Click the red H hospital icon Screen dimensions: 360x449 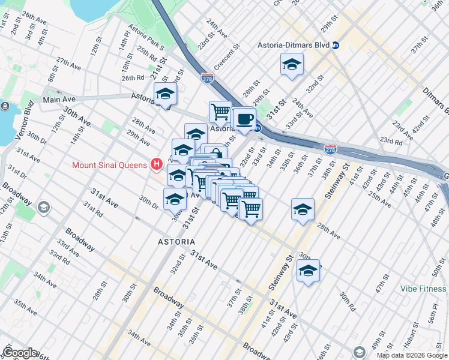(x=157, y=163)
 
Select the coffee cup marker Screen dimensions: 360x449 (x=244, y=119)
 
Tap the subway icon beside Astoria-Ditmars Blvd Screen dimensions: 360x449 (x=336, y=45)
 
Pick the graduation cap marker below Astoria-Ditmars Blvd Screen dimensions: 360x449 (x=292, y=65)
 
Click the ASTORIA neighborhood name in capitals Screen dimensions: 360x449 (x=176, y=241)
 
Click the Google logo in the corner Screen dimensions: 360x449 (x=20, y=352)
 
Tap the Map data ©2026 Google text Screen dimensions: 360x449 (x=412, y=355)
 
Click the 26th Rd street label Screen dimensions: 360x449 (x=133, y=77)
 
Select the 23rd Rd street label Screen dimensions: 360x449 (x=391, y=142)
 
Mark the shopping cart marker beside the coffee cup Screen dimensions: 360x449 (x=220, y=111)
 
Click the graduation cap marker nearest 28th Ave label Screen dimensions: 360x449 (x=303, y=209)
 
